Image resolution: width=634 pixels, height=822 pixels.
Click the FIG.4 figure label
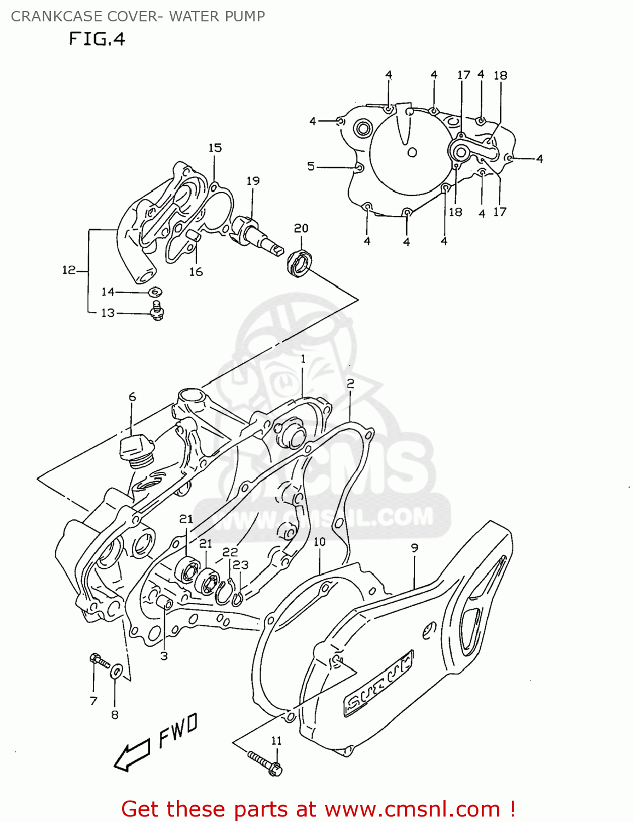(97, 39)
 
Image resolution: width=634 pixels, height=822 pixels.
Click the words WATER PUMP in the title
(217, 16)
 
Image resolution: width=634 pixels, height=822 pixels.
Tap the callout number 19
(253, 181)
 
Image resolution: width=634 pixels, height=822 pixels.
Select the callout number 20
(301, 228)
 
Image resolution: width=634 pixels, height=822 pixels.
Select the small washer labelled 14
(155, 292)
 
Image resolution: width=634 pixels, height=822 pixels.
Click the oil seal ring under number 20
(298, 262)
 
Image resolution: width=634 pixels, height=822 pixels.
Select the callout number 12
(68, 270)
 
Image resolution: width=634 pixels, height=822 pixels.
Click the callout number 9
(414, 547)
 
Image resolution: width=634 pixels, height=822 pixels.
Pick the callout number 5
(311, 166)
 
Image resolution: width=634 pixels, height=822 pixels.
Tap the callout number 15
(215, 148)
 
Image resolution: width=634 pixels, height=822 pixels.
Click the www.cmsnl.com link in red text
(412, 809)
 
